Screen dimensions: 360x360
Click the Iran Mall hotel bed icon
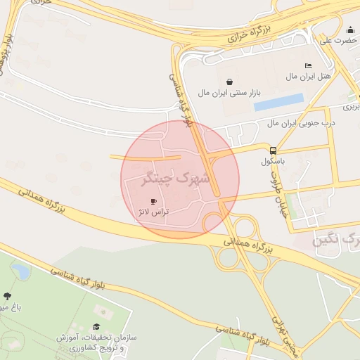click(308, 66)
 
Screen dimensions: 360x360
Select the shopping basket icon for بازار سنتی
click(229, 82)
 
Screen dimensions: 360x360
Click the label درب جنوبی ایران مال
click(301, 123)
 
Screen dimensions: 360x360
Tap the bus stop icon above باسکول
click(273, 150)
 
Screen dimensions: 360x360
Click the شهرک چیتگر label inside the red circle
click(176, 179)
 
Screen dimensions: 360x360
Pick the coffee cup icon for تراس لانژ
click(154, 201)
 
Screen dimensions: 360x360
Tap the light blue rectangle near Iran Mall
click(278, 103)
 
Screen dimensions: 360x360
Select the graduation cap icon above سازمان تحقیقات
click(96, 327)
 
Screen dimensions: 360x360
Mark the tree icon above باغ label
click(8, 297)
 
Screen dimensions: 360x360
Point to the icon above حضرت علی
click(350, 30)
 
